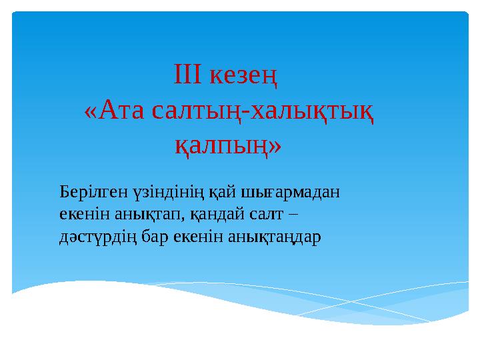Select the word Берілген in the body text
[85, 193]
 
